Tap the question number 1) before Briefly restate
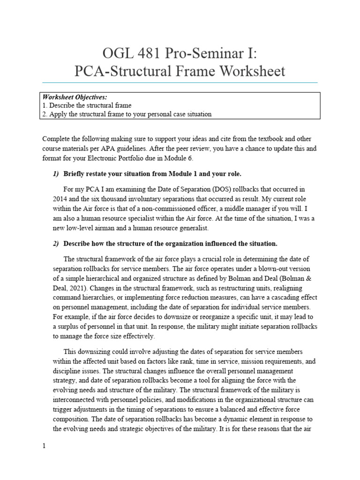click(x=55, y=174)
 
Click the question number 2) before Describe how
click(x=55, y=244)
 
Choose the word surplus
click(x=63, y=327)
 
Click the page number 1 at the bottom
click(x=44, y=446)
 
